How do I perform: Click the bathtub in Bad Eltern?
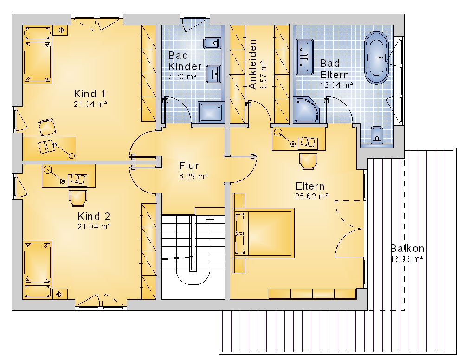tap(376, 58)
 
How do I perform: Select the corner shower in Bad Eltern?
tap(306, 109)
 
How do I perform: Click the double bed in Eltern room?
tap(264, 233)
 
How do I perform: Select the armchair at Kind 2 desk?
tap(78, 198)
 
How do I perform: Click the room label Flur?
tap(189, 166)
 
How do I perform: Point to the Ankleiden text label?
tap(252, 64)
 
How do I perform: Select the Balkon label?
tap(407, 248)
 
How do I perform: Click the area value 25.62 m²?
tap(312, 196)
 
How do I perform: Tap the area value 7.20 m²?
tap(182, 77)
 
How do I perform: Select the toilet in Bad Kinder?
tap(212, 43)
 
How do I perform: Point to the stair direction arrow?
tap(210, 218)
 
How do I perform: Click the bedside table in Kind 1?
tap(61, 30)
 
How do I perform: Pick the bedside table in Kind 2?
tap(58, 294)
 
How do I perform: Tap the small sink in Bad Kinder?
tap(213, 74)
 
